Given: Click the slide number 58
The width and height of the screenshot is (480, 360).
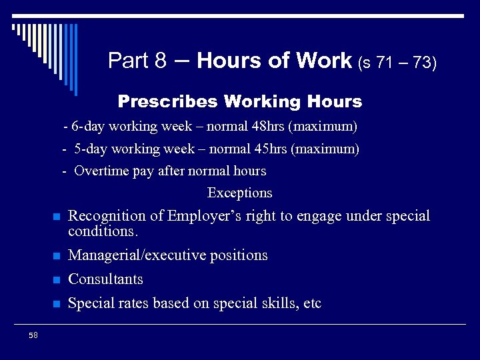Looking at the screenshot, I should (x=33, y=335).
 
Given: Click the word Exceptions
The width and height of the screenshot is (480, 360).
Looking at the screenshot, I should (x=240, y=193).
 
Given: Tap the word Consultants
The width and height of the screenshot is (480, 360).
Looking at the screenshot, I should (x=105, y=279).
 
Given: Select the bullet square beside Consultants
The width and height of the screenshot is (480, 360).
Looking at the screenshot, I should (x=57, y=280).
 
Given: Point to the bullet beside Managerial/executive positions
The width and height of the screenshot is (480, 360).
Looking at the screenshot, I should (x=57, y=256).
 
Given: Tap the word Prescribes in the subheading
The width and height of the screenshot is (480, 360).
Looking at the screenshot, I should (x=168, y=102).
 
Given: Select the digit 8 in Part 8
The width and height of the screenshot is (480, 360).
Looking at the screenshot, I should (x=160, y=61).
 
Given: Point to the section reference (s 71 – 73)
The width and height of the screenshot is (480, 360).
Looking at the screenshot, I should (x=397, y=63).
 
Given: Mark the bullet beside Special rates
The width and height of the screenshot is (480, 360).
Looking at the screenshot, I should (x=57, y=304).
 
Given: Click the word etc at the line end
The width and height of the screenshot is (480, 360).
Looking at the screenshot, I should (x=312, y=304).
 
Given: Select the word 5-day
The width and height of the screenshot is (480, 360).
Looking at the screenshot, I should (x=91, y=149).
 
